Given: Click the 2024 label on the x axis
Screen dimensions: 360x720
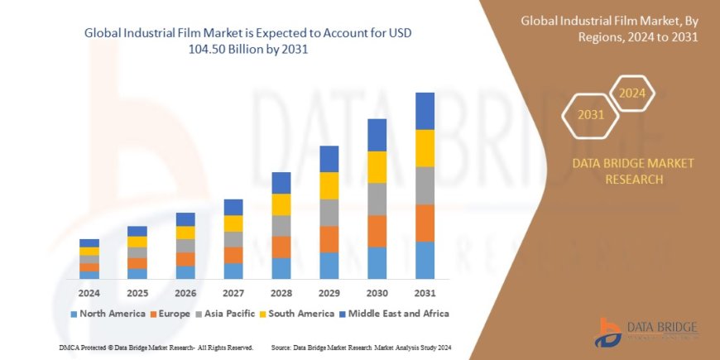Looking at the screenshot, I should (89, 293).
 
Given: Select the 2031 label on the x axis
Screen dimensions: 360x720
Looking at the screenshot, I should (425, 293).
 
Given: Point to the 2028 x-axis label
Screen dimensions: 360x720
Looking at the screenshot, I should (281, 293).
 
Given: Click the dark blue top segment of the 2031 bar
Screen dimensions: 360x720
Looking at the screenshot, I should (425, 111).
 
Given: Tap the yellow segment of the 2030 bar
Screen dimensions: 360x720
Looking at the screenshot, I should (377, 167).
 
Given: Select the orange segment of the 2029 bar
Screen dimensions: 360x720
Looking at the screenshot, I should (329, 239).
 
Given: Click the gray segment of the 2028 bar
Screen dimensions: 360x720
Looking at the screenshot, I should (281, 226).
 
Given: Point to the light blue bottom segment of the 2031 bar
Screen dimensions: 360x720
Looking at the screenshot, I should (425, 260).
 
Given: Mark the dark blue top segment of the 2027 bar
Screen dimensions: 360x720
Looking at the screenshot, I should (233, 207).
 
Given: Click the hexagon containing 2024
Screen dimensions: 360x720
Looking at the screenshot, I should (632, 93).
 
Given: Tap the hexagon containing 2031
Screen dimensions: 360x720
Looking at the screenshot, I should (590, 115).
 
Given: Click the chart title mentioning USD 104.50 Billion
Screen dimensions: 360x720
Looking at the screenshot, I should (247, 41).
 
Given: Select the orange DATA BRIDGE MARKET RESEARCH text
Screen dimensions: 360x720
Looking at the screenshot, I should (633, 171).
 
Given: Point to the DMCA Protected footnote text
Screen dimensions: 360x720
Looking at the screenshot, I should (156, 348).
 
